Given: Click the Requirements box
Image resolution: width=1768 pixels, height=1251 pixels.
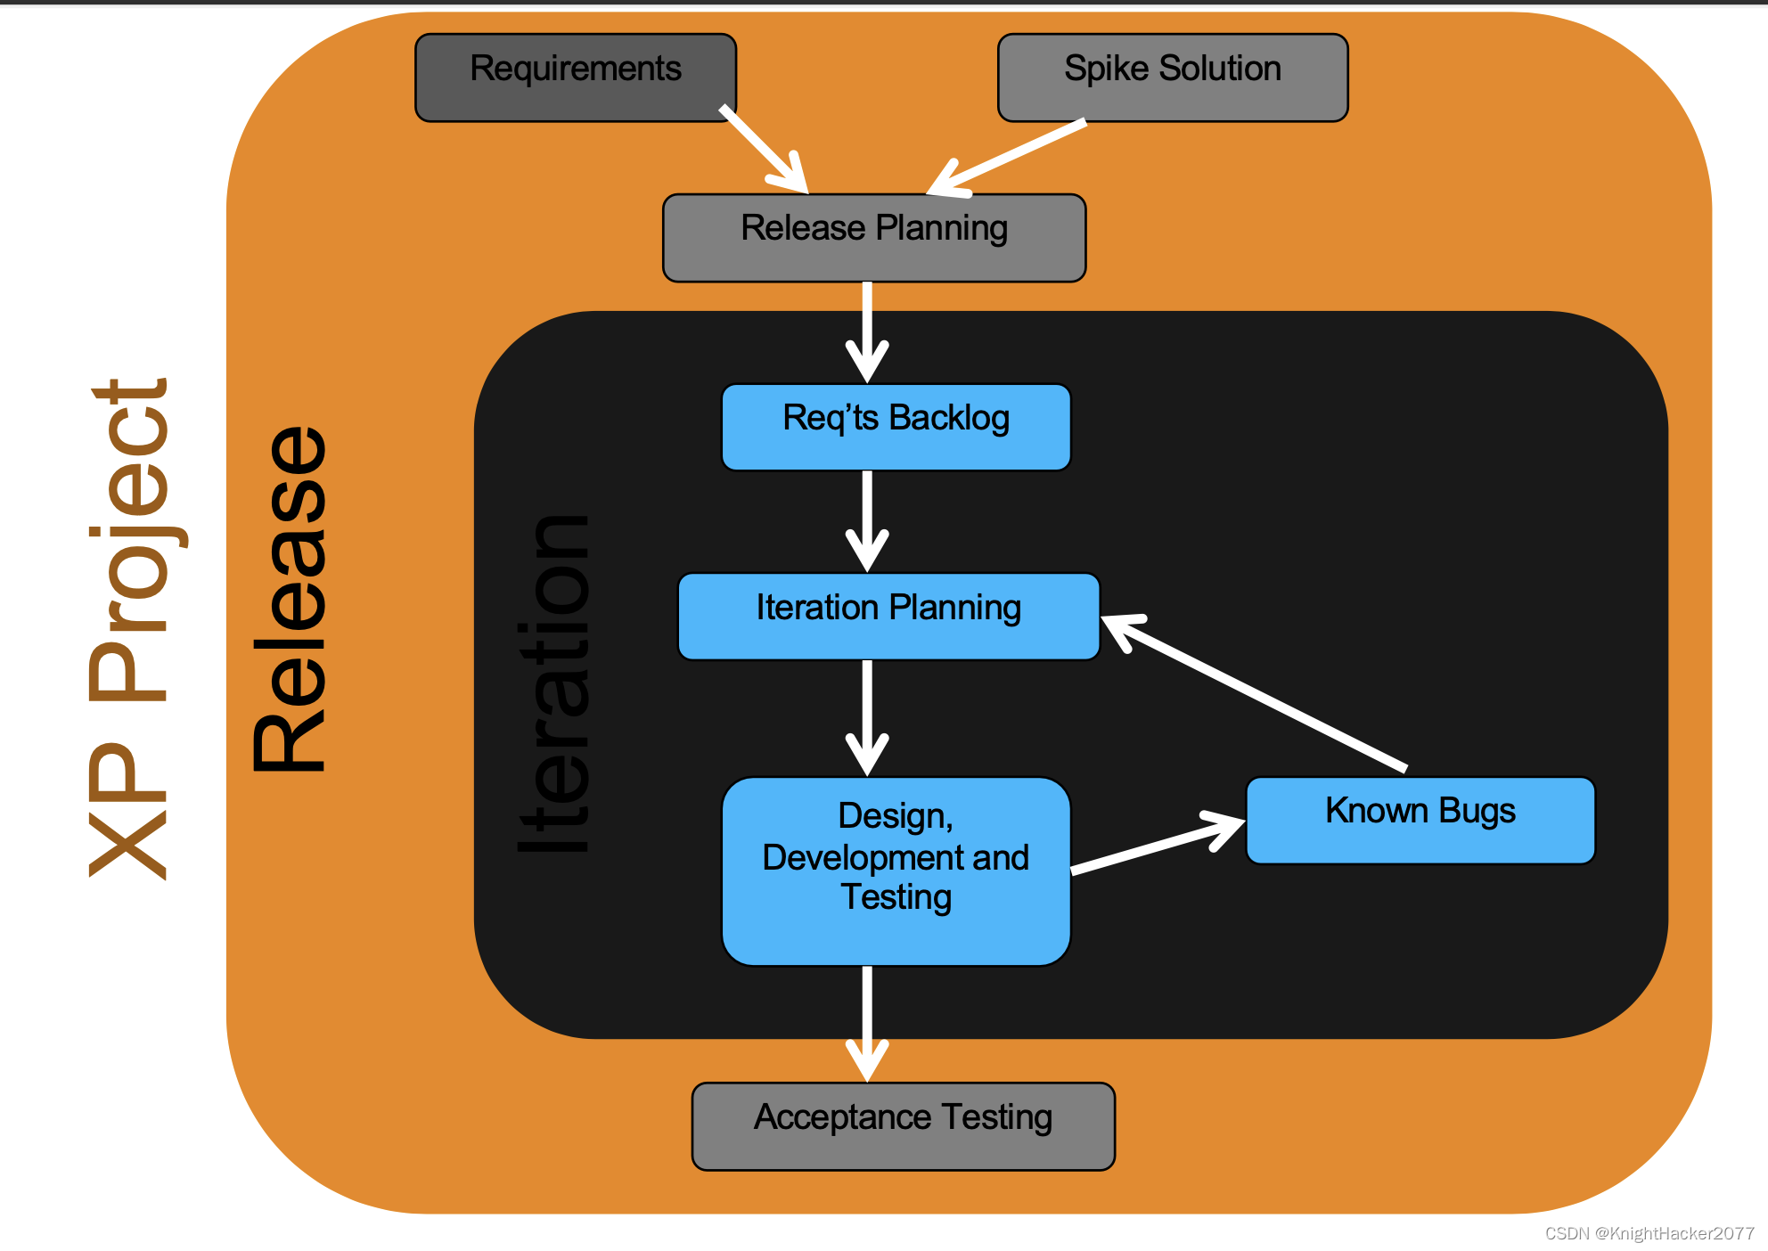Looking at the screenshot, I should [x=576, y=78].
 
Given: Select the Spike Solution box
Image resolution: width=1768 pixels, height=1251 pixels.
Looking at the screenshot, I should [x=1173, y=78].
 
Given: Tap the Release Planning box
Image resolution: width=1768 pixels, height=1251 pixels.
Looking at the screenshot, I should [x=874, y=238].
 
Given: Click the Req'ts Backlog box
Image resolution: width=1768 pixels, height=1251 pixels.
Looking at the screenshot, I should [x=896, y=427].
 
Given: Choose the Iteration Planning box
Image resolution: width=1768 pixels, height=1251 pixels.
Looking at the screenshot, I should [x=888, y=617].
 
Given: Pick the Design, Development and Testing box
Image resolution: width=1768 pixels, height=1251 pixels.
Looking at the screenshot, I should [x=896, y=871].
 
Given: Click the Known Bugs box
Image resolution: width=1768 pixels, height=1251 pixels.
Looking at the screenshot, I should [x=1420, y=821].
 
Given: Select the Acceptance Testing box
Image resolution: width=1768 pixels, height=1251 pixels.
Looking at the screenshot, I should [x=903, y=1126].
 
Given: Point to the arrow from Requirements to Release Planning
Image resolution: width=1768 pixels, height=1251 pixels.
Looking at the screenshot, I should [x=764, y=149].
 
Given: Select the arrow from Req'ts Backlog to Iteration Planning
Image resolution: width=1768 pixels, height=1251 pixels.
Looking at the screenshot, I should [x=867, y=520].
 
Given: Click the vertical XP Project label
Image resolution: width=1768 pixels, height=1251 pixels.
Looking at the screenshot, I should [x=130, y=629].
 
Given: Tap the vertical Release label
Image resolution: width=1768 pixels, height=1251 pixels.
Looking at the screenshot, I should [x=289, y=599].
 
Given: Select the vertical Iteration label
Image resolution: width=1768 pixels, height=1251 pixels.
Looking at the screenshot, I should [x=552, y=684].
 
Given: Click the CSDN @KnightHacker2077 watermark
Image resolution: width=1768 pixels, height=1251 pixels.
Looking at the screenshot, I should [x=1649, y=1233].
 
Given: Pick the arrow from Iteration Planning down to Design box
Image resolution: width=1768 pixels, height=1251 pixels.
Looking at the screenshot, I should [x=867, y=717].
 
